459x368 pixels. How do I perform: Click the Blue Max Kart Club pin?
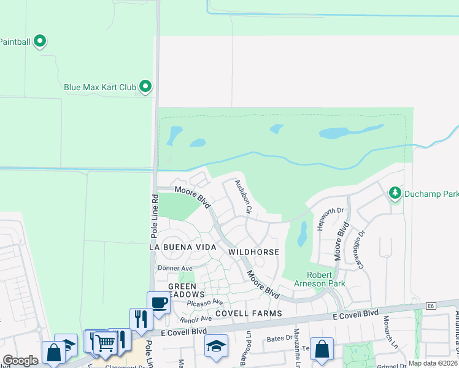(x=145, y=86)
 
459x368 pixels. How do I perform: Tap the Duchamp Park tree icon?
(x=396, y=194)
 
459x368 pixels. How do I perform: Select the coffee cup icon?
(x=159, y=302)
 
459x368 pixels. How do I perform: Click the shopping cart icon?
(x=105, y=342)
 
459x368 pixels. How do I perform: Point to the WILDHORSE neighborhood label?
(x=253, y=252)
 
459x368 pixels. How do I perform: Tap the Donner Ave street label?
(x=175, y=269)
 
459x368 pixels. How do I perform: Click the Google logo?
(x=20, y=361)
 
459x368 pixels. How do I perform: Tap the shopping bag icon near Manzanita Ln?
(x=322, y=349)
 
